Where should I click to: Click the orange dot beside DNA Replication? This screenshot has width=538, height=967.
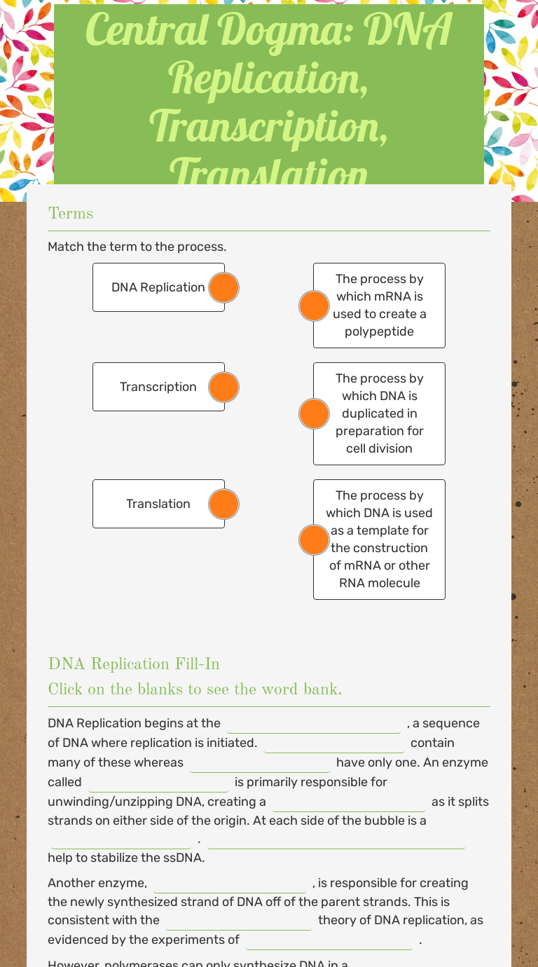pyautogui.click(x=224, y=287)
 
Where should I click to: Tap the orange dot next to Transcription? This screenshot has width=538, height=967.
pyautogui.click(x=224, y=387)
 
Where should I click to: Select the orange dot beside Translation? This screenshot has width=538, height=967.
pyautogui.click(x=224, y=504)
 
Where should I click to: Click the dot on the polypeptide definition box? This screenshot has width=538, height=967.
pyautogui.click(x=314, y=306)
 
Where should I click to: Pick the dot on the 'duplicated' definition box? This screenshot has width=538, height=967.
pyautogui.click(x=314, y=413)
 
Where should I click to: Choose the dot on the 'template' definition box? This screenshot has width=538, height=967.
pyautogui.click(x=314, y=540)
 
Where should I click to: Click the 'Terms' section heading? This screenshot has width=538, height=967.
pyautogui.click(x=71, y=214)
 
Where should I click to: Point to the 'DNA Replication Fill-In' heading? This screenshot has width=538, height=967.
pyautogui.click(x=134, y=664)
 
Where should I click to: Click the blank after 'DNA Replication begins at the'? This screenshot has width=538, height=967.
pyautogui.click(x=313, y=725)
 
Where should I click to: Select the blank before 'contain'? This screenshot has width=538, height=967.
pyautogui.click(x=333, y=744)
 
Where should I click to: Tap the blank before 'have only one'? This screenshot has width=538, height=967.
pyautogui.click(x=259, y=764)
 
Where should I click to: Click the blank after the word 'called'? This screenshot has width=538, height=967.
pyautogui.click(x=158, y=783)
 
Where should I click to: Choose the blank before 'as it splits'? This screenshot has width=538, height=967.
pyautogui.click(x=348, y=803)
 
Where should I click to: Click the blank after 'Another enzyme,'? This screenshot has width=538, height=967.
pyautogui.click(x=229, y=884)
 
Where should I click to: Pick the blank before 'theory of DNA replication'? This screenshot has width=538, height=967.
pyautogui.click(x=238, y=921)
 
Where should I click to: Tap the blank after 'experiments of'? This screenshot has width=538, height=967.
pyautogui.click(x=329, y=941)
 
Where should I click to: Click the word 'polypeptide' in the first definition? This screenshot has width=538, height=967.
pyautogui.click(x=379, y=331)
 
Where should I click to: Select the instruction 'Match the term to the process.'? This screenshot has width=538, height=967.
pyautogui.click(x=137, y=247)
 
